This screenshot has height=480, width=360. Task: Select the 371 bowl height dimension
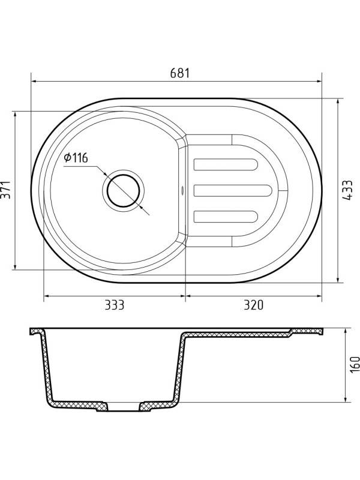tap(7, 190)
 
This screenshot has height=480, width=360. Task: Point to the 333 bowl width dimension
tap(113, 305)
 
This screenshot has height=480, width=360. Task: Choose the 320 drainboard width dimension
tap(254, 305)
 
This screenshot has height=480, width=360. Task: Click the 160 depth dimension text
tap(355, 364)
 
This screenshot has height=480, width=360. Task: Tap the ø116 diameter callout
tap(76, 158)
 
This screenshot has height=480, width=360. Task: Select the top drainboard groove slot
tap(226, 164)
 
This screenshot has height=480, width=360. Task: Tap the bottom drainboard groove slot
tap(226, 217)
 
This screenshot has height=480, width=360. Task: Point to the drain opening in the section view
tap(124, 408)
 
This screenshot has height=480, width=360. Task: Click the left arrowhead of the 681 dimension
tap(34, 81)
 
